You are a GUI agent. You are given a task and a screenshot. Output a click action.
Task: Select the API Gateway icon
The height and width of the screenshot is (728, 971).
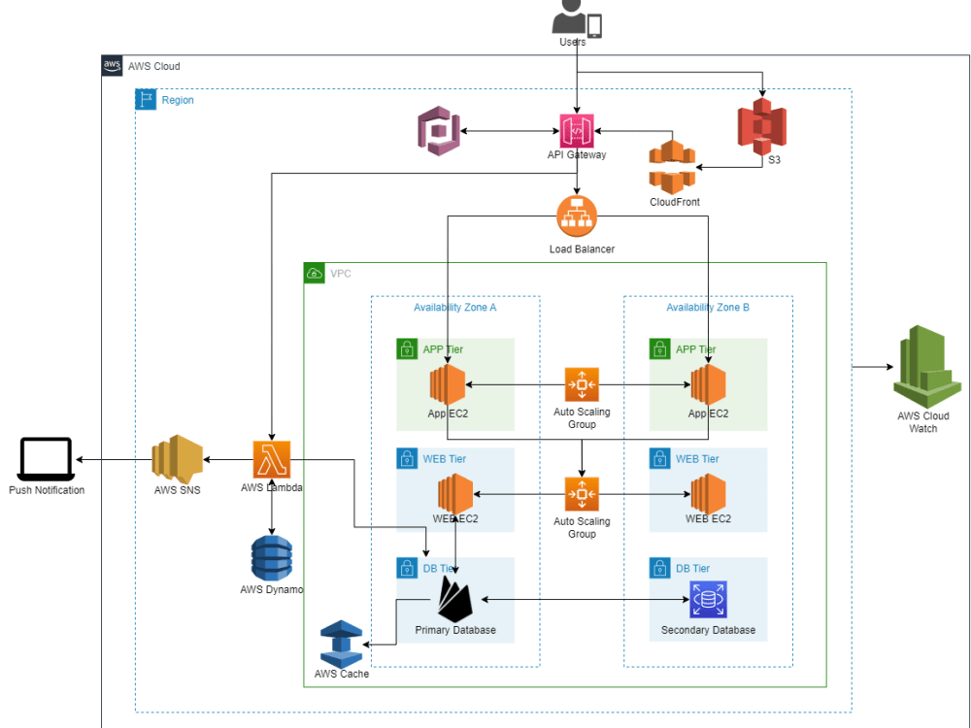[577, 130]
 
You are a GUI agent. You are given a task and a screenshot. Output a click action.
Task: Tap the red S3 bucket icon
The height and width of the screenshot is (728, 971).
[761, 127]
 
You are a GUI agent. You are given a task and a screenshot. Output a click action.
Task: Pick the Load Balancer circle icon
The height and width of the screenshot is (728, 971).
[577, 215]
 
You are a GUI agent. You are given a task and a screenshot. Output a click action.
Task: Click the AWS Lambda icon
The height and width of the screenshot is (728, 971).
[272, 459]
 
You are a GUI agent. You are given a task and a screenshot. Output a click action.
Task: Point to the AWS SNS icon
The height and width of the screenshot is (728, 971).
[177, 458]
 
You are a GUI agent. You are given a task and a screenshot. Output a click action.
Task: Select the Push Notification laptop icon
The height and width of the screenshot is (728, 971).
[46, 458]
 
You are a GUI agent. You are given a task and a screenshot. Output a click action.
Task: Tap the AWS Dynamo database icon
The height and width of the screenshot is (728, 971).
[272, 558]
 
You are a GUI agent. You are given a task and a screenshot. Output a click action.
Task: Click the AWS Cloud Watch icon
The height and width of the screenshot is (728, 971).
[921, 367]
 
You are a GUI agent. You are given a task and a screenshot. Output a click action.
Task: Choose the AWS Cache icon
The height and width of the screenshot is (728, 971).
[341, 642]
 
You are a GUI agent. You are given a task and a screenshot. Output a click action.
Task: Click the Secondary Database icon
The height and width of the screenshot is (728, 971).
[708, 600]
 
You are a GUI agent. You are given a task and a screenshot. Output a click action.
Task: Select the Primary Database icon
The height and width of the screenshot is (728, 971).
[454, 599]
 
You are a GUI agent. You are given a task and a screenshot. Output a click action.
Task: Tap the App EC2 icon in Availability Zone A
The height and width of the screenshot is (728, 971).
[448, 384]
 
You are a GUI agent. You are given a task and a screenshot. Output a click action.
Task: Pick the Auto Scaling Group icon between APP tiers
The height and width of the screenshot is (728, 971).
[582, 384]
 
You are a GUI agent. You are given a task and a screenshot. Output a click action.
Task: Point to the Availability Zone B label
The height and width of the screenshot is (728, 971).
[708, 307]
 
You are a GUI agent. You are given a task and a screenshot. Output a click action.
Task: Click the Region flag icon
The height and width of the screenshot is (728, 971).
[146, 100]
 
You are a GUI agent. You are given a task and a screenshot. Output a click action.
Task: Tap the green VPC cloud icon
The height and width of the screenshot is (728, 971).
[315, 274]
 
